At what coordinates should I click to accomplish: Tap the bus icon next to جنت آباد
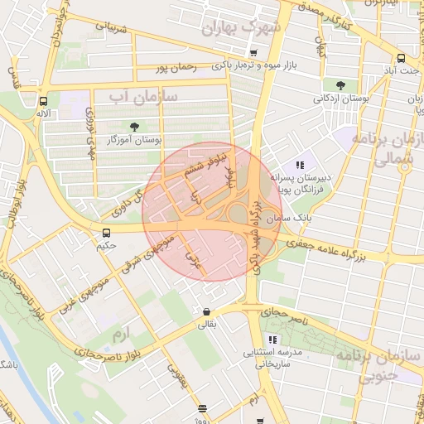(x=401, y=58)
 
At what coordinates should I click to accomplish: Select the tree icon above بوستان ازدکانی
(x=340, y=84)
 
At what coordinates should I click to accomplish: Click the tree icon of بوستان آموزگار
(x=147, y=126)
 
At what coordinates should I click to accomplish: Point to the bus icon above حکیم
(x=106, y=233)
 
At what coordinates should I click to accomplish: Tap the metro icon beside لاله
(x=42, y=99)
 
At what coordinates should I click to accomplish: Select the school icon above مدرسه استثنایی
(x=272, y=340)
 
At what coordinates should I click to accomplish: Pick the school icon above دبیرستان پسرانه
(x=300, y=166)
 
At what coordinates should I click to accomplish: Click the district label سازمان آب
(x=143, y=96)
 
